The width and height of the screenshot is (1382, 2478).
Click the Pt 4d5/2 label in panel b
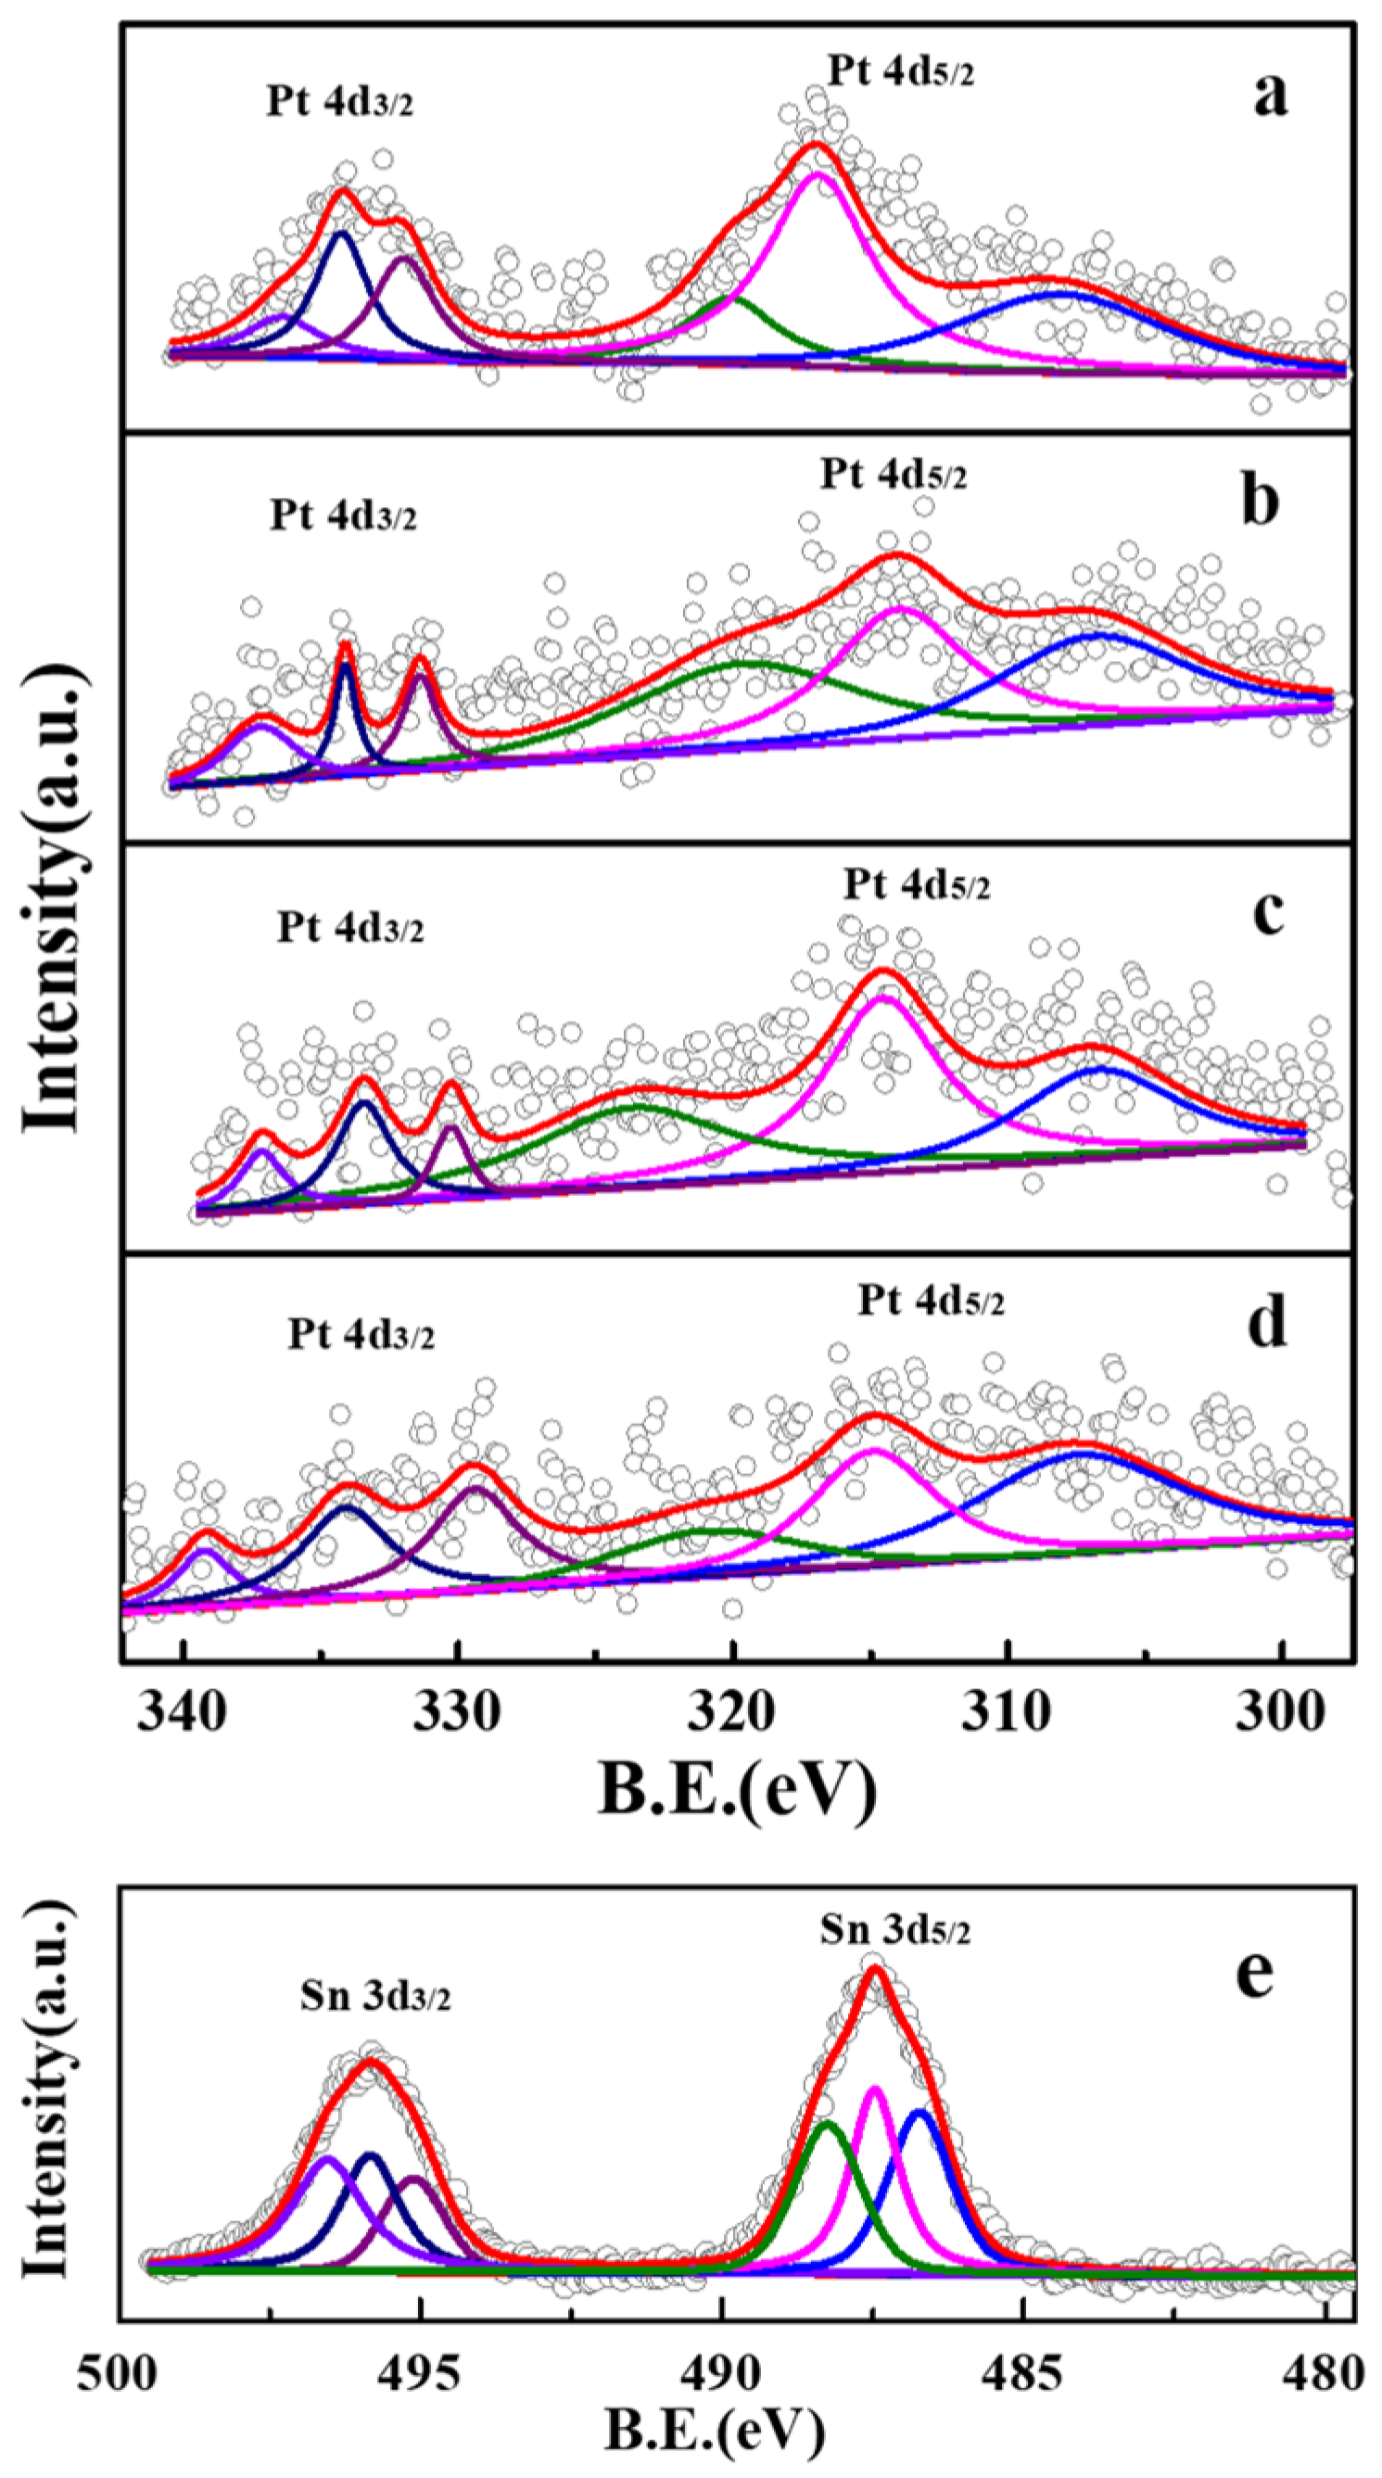tap(894, 475)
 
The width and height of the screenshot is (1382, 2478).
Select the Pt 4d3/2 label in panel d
tap(361, 1335)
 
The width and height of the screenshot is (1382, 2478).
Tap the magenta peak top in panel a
tap(818, 174)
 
